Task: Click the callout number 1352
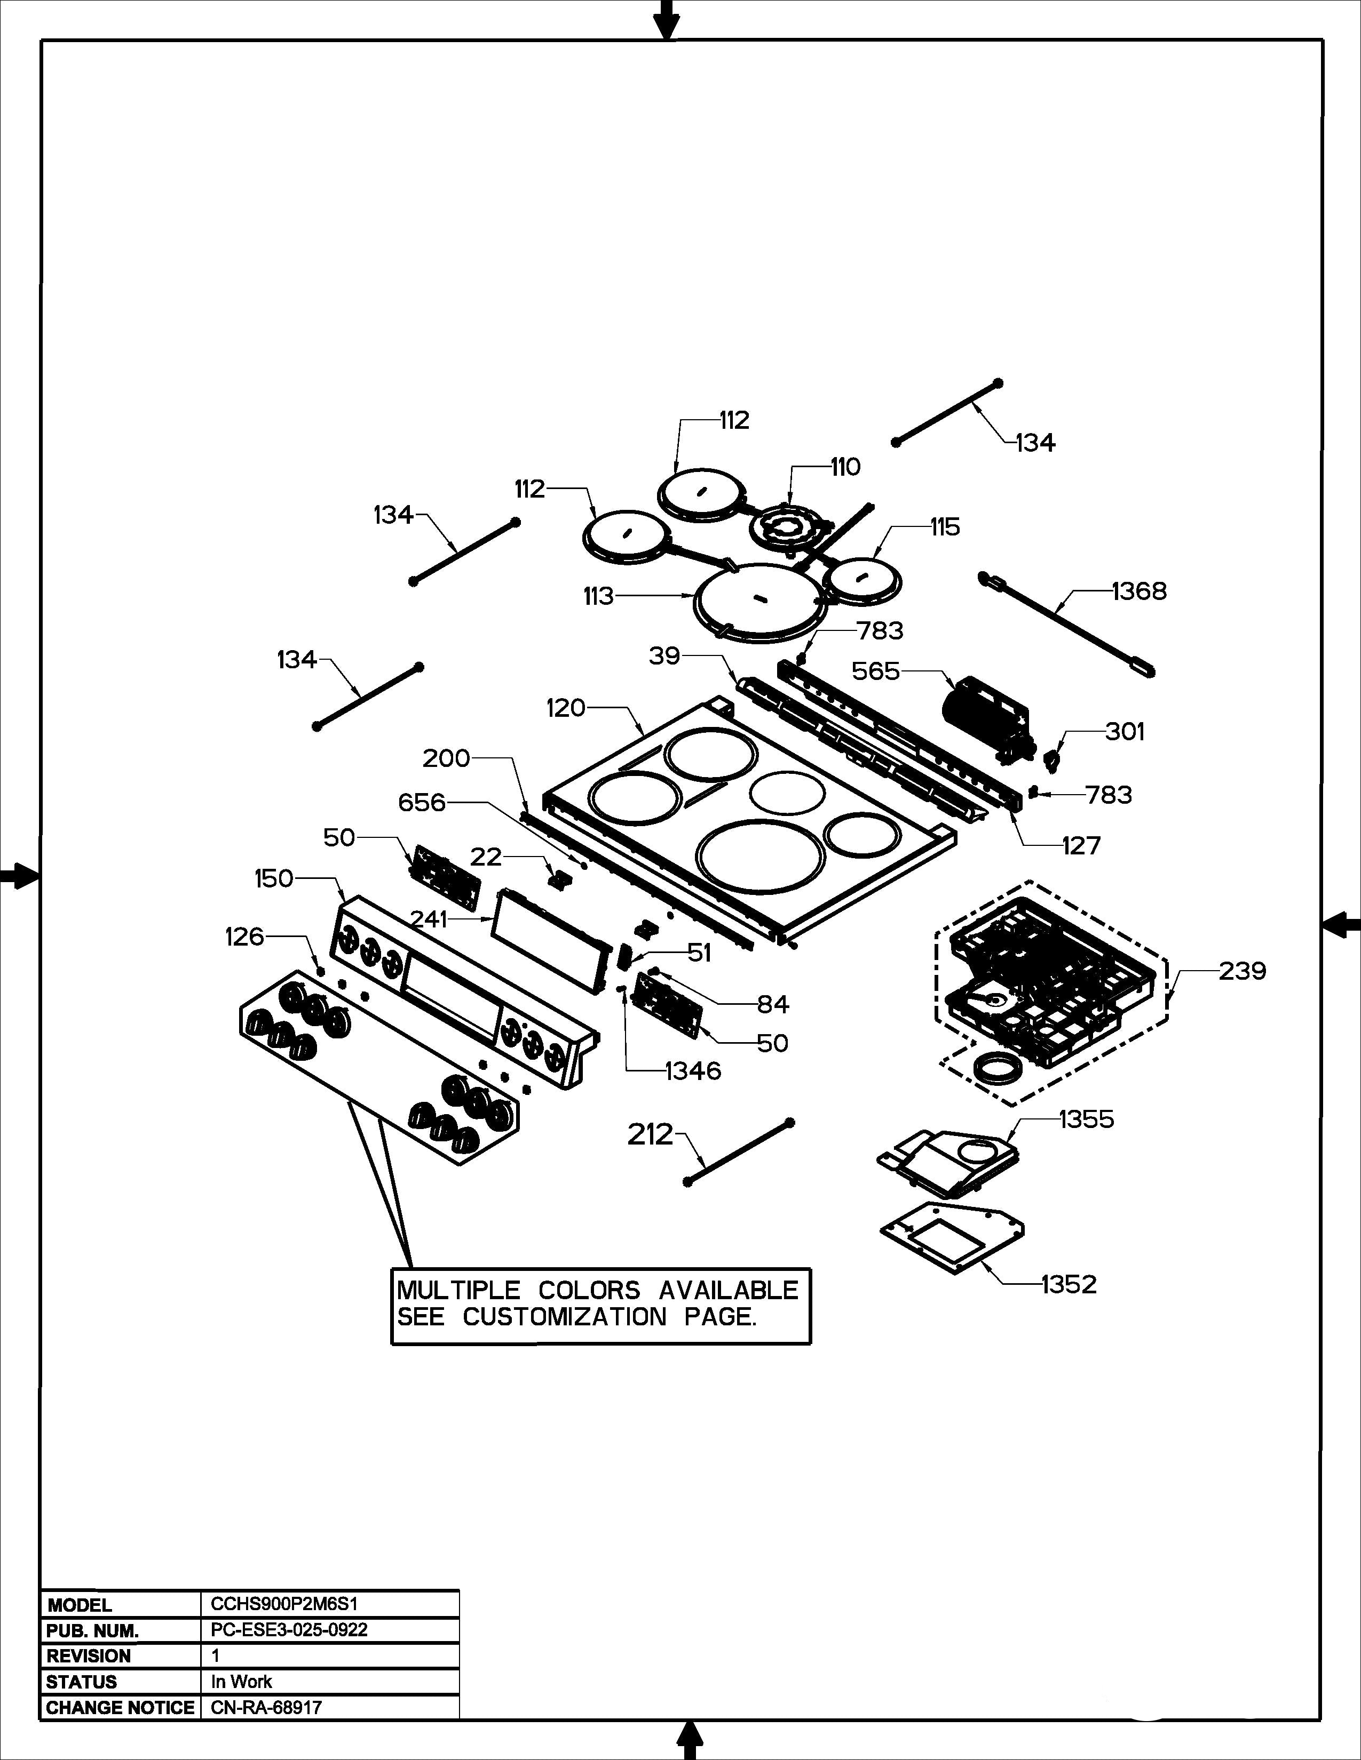[1069, 1284]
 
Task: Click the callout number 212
[650, 1134]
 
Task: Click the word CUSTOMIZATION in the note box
[564, 1317]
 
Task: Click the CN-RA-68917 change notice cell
[266, 1708]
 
